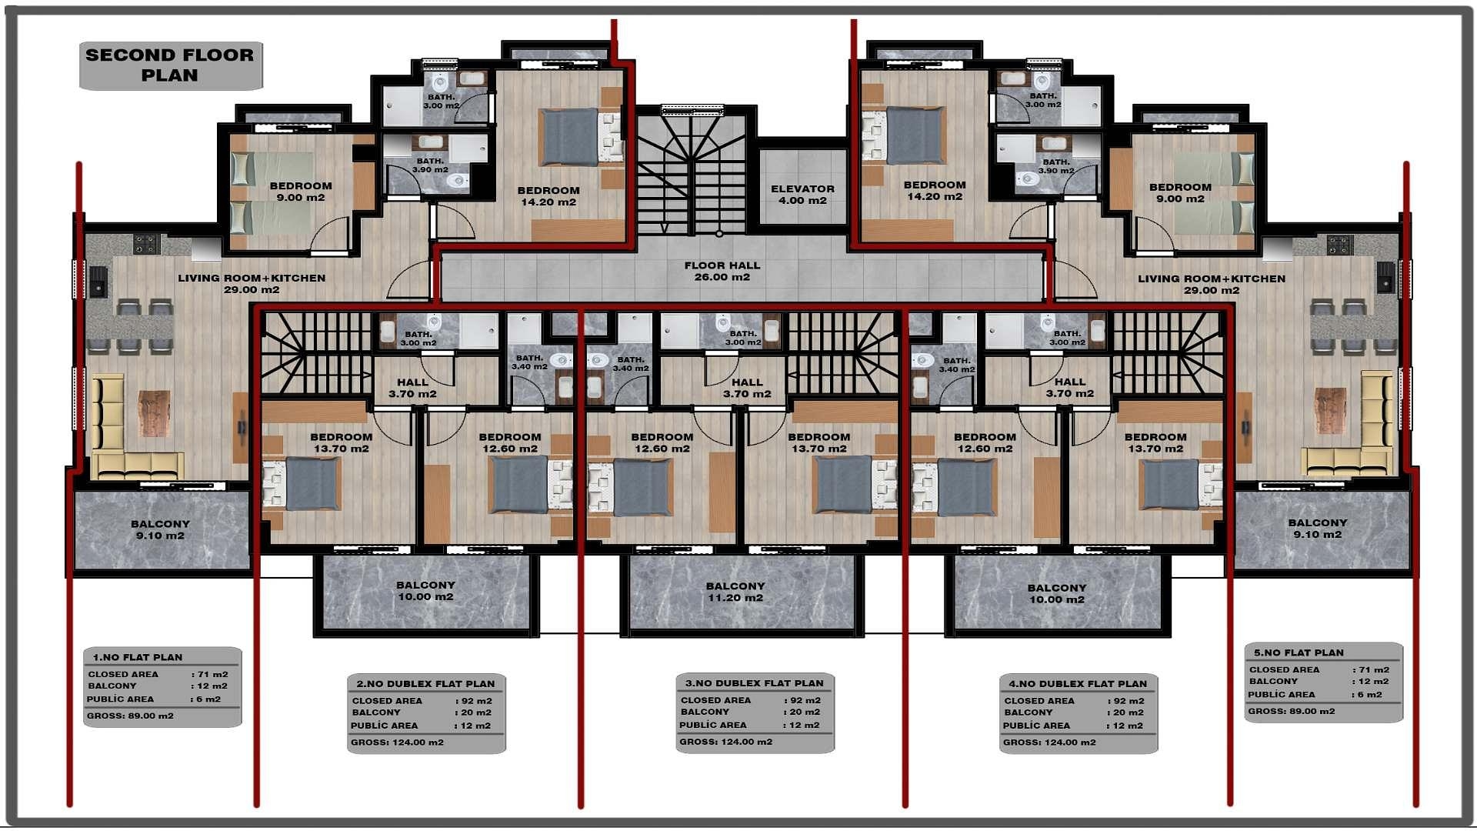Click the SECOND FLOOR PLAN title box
pyautogui.click(x=170, y=65)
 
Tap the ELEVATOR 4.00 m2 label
pyautogui.click(x=802, y=195)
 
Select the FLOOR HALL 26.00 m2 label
pyautogui.click(x=722, y=271)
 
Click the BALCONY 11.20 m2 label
pyautogui.click(x=735, y=592)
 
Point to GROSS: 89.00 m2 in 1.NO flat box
pyautogui.click(x=130, y=716)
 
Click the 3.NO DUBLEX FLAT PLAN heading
pyautogui.click(x=754, y=682)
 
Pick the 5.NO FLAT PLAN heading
pyautogui.click(x=1299, y=652)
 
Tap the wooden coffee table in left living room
pyautogui.click(x=153, y=413)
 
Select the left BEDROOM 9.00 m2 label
pyautogui.click(x=301, y=192)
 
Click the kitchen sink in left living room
pyautogui.click(x=98, y=281)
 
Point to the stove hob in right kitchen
pyautogui.click(x=1339, y=245)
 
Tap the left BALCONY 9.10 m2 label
pyautogui.click(x=160, y=529)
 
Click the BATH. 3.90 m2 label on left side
pyautogui.click(x=430, y=165)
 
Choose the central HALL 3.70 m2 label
pyautogui.click(x=747, y=388)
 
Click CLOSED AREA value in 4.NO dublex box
pyautogui.click(x=1128, y=701)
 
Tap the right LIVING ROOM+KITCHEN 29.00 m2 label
pyautogui.click(x=1212, y=284)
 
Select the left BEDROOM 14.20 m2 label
pyautogui.click(x=548, y=196)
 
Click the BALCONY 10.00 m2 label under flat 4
pyautogui.click(x=1056, y=593)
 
